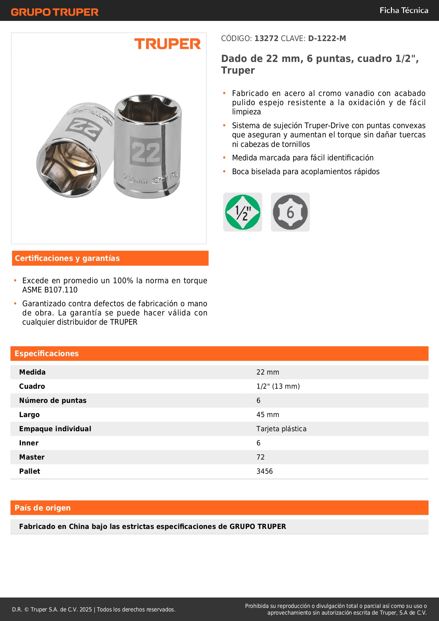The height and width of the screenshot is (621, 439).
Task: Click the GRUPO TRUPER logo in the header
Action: coord(55,12)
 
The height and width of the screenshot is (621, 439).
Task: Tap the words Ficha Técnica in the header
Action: coord(404,10)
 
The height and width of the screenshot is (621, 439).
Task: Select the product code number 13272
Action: coord(266,38)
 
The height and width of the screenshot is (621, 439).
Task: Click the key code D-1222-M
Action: coord(327,38)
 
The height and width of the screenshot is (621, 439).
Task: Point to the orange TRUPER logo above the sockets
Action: coord(167,44)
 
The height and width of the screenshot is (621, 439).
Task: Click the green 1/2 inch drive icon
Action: coord(243,212)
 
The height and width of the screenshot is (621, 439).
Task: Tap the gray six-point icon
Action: coord(290,212)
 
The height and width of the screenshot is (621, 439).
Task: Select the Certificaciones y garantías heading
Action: coord(67,258)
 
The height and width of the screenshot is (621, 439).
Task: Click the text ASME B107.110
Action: coord(50,290)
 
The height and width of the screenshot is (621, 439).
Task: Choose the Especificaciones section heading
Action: coord(47,353)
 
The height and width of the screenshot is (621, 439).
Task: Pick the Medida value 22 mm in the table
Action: coord(268,372)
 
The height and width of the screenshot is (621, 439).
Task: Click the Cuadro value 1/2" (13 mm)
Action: coord(278,386)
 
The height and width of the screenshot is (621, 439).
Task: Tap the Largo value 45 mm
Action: coord(268,415)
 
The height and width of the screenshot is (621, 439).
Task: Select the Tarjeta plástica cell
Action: coord(281,429)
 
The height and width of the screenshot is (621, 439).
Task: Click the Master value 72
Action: coord(260,457)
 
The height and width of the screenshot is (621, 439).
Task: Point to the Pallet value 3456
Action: coord(265,471)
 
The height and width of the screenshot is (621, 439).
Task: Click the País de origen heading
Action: coord(42,508)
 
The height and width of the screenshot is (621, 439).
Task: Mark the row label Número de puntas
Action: coord(53,400)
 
